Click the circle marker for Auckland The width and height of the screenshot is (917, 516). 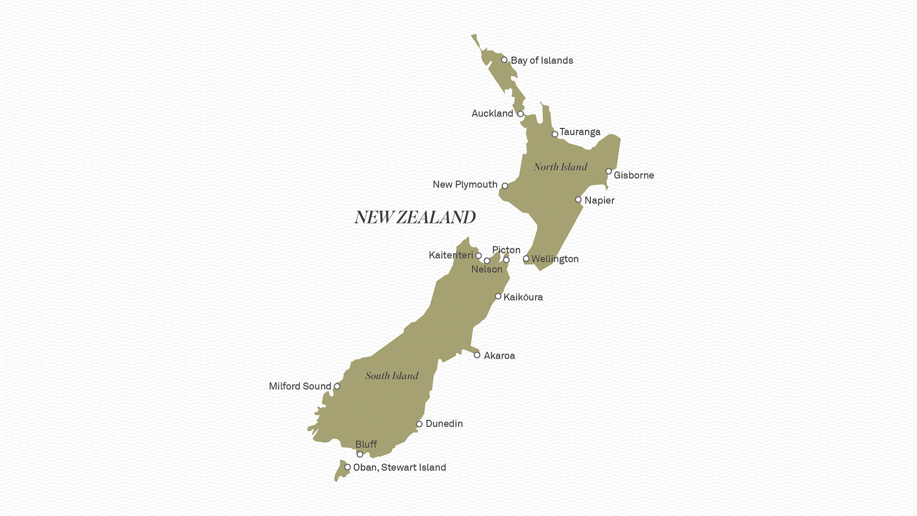[521, 114]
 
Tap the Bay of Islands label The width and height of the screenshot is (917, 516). [542, 60]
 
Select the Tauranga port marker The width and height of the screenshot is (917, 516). [555, 134]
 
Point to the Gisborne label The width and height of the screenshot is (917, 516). [634, 175]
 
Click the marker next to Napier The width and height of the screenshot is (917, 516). [579, 200]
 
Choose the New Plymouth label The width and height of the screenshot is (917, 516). [465, 184]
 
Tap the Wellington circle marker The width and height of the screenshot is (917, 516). [526, 258]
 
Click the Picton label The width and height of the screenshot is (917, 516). [506, 250]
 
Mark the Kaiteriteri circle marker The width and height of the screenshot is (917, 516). [479, 256]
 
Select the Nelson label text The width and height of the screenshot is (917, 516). [487, 269]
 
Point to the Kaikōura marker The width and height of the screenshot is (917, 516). [498, 296]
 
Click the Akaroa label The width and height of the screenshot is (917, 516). [499, 355]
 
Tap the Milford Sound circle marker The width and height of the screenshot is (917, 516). [337, 386]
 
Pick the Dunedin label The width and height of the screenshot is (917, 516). [444, 424]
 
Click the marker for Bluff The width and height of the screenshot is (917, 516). [360, 454]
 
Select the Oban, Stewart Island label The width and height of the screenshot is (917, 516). [400, 467]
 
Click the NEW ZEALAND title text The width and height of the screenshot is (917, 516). [415, 218]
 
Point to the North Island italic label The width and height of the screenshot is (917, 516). [560, 167]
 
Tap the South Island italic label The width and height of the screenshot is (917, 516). [392, 376]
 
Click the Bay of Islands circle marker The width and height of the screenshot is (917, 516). [504, 60]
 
